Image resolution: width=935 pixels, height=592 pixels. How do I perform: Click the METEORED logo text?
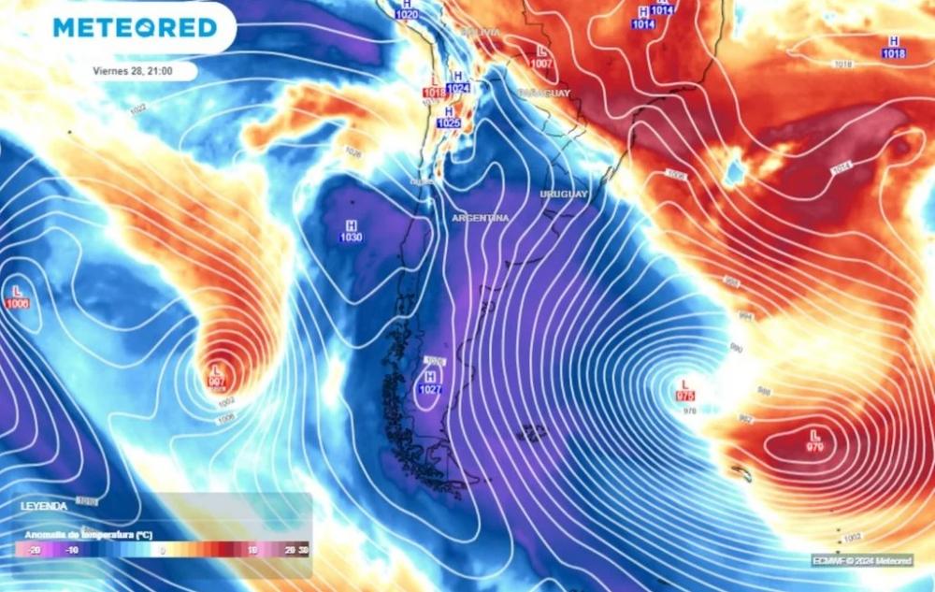pyautogui.click(x=135, y=27)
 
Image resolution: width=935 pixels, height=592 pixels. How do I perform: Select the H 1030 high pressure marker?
pyautogui.click(x=352, y=231)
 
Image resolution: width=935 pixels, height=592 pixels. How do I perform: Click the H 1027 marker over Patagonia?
pyautogui.click(x=430, y=383)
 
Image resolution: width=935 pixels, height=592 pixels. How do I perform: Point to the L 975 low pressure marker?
pyautogui.click(x=685, y=390)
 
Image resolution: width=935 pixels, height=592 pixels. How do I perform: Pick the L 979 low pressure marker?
pyautogui.click(x=814, y=441)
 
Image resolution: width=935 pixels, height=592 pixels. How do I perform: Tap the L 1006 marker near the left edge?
pyautogui.click(x=17, y=297)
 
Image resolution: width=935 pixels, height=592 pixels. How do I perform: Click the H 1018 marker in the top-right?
pyautogui.click(x=893, y=47)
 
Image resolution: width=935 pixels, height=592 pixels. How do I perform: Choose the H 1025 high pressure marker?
pyautogui.click(x=448, y=117)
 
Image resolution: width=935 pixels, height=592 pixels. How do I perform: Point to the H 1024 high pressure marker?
pyautogui.click(x=457, y=82)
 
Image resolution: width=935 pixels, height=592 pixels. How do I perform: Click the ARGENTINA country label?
pyautogui.click(x=481, y=218)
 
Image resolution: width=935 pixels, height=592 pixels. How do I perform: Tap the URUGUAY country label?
pyautogui.click(x=564, y=194)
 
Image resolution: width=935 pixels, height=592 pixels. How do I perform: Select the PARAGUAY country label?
pyautogui.click(x=543, y=94)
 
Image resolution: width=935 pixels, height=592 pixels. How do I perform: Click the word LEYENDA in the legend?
pyautogui.click(x=44, y=506)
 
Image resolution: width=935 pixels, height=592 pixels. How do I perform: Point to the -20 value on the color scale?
pyautogui.click(x=36, y=551)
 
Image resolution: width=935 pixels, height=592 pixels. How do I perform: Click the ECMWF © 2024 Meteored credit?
pyautogui.click(x=861, y=560)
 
